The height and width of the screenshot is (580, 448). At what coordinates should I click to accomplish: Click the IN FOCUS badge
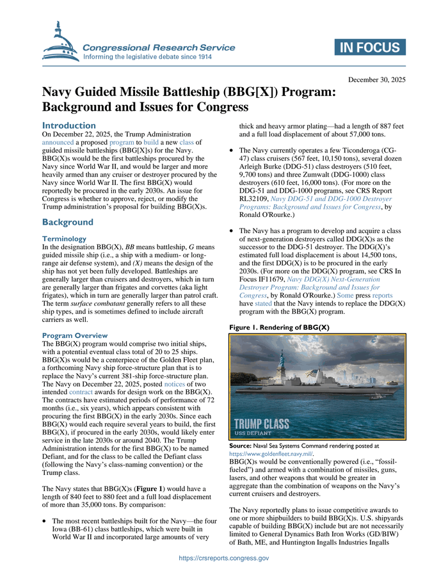(369, 47)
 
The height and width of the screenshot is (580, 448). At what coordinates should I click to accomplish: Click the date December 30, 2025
(376, 80)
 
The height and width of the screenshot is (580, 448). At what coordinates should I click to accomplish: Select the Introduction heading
(68, 125)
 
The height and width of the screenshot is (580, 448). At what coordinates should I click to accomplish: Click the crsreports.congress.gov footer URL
(224, 558)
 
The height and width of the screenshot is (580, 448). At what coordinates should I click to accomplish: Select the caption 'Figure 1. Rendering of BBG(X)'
(278, 327)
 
